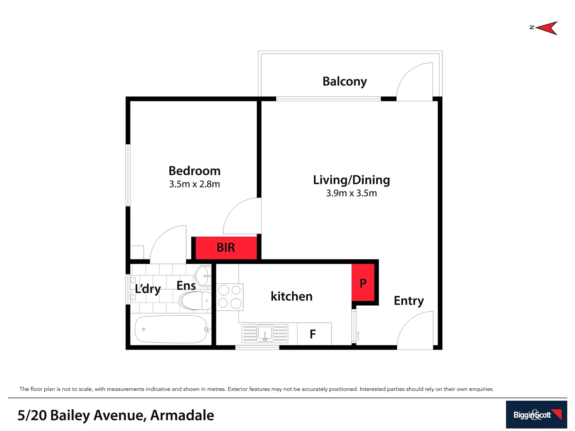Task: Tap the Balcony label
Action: pos(345,81)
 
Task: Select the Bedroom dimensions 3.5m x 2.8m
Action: pos(194,184)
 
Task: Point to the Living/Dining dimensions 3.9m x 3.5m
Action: pos(351,193)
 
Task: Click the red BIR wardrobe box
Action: pos(226,248)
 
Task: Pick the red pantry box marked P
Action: pos(363,283)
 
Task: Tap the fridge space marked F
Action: pos(314,334)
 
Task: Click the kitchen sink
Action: pos(265,333)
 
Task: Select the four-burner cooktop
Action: pos(230,297)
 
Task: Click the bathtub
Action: pos(171,329)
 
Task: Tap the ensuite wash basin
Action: pos(203,275)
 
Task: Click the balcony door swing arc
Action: pos(414,82)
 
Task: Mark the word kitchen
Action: pos(291,297)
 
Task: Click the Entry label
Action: pos(408,301)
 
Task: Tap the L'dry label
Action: pos(148,289)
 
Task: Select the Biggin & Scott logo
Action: pos(536,415)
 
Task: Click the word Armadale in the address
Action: pos(182,415)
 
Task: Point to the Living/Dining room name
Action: pos(351,180)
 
